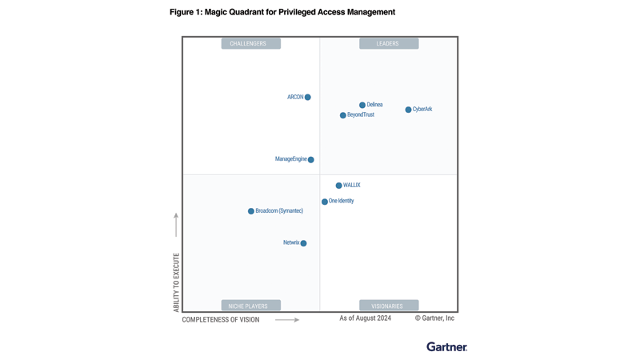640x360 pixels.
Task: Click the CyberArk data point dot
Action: click(408, 110)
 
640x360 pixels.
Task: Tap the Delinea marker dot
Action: click(362, 105)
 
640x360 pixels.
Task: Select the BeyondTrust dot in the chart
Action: click(343, 115)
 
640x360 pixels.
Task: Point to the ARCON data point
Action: click(308, 98)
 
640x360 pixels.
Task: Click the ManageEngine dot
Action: click(311, 160)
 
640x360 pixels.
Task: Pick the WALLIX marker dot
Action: click(339, 186)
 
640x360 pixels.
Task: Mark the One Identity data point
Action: click(325, 202)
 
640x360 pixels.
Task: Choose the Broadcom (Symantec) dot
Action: click(251, 211)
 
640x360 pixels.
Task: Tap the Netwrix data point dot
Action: click(304, 243)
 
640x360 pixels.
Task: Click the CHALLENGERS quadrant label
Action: click(250, 44)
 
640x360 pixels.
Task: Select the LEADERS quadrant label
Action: click(389, 44)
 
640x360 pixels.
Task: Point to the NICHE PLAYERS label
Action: click(250, 306)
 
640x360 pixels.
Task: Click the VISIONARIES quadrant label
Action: click(389, 306)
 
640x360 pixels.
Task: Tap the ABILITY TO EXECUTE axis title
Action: click(177, 282)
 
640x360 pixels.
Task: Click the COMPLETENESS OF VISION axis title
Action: click(221, 320)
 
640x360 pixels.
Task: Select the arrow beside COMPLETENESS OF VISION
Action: click(287, 320)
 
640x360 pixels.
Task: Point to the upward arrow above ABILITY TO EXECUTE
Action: click(176, 225)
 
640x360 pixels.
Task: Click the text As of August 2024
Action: click(365, 318)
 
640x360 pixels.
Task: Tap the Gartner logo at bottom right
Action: click(446, 346)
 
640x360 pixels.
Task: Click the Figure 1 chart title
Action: click(282, 12)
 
